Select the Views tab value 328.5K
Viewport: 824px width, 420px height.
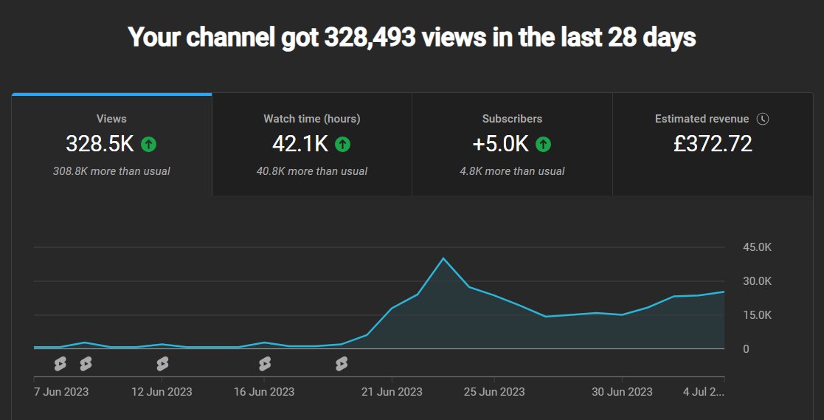100,144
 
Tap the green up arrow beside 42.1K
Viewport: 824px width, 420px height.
342,145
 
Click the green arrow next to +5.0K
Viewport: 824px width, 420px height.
543,145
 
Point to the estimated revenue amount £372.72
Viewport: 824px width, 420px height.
713,144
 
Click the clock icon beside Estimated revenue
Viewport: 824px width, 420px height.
763,119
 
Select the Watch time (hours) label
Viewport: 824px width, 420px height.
311,119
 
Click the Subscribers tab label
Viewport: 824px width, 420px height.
512,119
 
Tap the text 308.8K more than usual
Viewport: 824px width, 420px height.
111,171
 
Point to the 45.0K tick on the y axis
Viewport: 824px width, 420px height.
757,247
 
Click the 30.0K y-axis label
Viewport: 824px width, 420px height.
757,281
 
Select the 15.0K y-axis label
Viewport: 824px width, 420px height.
757,315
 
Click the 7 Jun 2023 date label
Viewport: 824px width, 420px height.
61,391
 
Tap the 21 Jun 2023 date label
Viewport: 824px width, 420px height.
392,391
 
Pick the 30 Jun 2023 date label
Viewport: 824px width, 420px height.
622,391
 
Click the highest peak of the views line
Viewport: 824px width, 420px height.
443,258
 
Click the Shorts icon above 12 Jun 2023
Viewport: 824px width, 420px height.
162,364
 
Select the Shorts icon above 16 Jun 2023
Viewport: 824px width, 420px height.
264,364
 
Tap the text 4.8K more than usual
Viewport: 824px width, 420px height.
512,171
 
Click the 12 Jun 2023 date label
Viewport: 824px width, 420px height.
162,391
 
